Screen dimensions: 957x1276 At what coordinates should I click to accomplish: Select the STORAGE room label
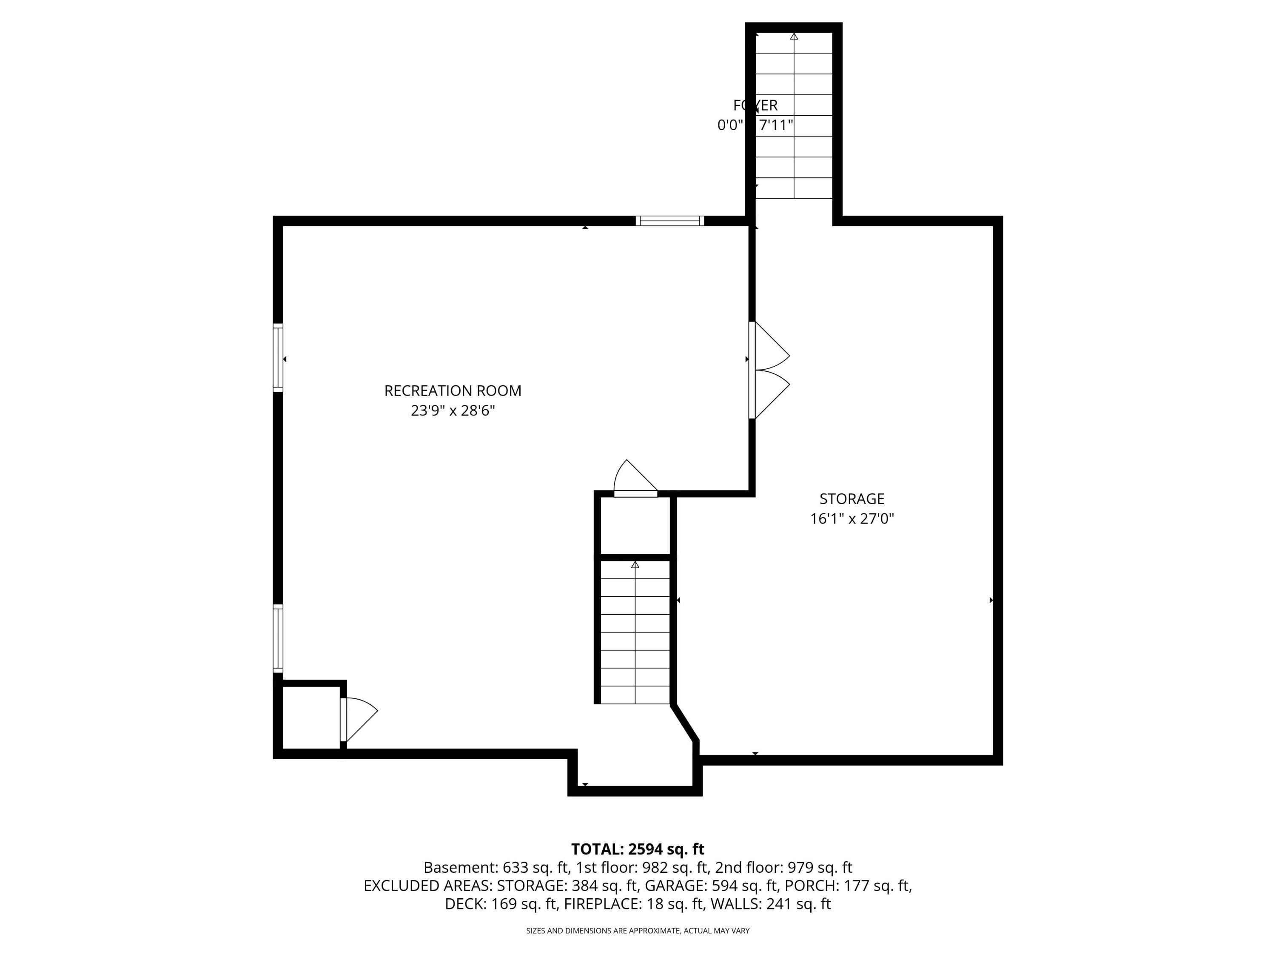coord(852,498)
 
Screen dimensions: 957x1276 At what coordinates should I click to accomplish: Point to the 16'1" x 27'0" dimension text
coord(852,518)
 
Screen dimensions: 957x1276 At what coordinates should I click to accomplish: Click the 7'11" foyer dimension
coord(776,125)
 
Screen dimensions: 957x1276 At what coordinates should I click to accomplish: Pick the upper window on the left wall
coord(278,358)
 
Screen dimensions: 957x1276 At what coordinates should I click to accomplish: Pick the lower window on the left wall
coord(278,638)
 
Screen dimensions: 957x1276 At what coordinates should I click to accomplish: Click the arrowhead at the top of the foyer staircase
coord(794,36)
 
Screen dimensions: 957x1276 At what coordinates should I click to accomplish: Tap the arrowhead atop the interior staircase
coord(635,564)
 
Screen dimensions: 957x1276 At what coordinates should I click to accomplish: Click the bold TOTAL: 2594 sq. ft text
coord(638,849)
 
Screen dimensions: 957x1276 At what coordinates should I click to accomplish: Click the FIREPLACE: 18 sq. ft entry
coord(633,904)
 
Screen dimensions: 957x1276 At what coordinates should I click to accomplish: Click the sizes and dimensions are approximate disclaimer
coord(638,931)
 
